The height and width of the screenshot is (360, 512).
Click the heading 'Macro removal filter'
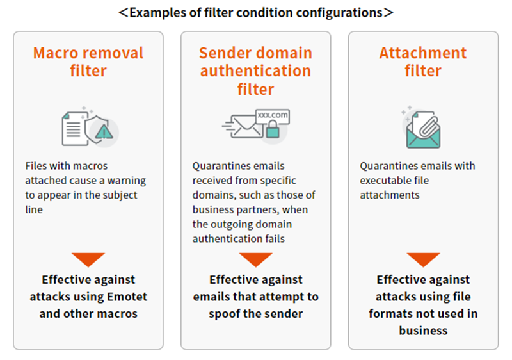click(x=88, y=61)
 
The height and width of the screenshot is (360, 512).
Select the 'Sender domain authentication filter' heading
click(x=255, y=70)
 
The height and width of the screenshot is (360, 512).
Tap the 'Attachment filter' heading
click(x=422, y=61)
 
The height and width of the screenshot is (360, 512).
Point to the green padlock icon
click(x=273, y=130)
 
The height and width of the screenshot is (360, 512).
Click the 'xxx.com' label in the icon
click(x=272, y=115)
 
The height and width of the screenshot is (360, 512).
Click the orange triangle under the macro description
click(x=88, y=259)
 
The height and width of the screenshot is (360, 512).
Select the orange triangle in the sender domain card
click(x=255, y=259)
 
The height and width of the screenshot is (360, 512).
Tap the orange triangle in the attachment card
click(x=423, y=259)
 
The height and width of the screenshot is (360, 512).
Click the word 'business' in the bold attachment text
click(x=423, y=331)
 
